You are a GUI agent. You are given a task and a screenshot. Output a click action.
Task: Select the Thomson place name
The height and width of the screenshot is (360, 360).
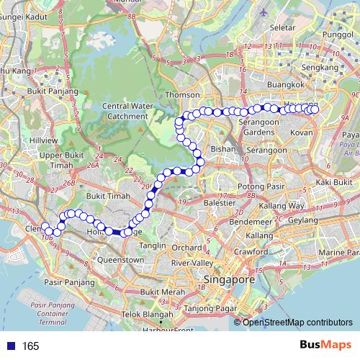(182, 94)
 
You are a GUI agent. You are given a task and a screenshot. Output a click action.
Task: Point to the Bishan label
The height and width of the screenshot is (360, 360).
(218, 149)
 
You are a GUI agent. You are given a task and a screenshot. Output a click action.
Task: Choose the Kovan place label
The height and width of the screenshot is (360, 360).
(301, 133)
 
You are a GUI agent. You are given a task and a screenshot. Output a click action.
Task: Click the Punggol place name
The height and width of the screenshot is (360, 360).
(338, 34)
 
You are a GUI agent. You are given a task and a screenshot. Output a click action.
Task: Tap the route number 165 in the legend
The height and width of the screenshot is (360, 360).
(30, 346)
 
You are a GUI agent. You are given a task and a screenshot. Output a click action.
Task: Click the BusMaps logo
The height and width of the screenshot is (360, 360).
(326, 346)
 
